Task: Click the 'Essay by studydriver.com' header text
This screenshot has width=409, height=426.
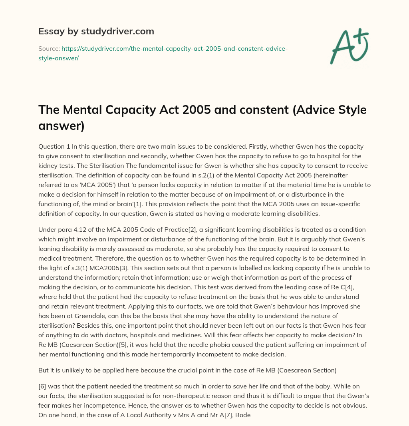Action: [96, 31]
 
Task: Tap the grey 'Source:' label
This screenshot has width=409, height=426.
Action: [49, 48]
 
